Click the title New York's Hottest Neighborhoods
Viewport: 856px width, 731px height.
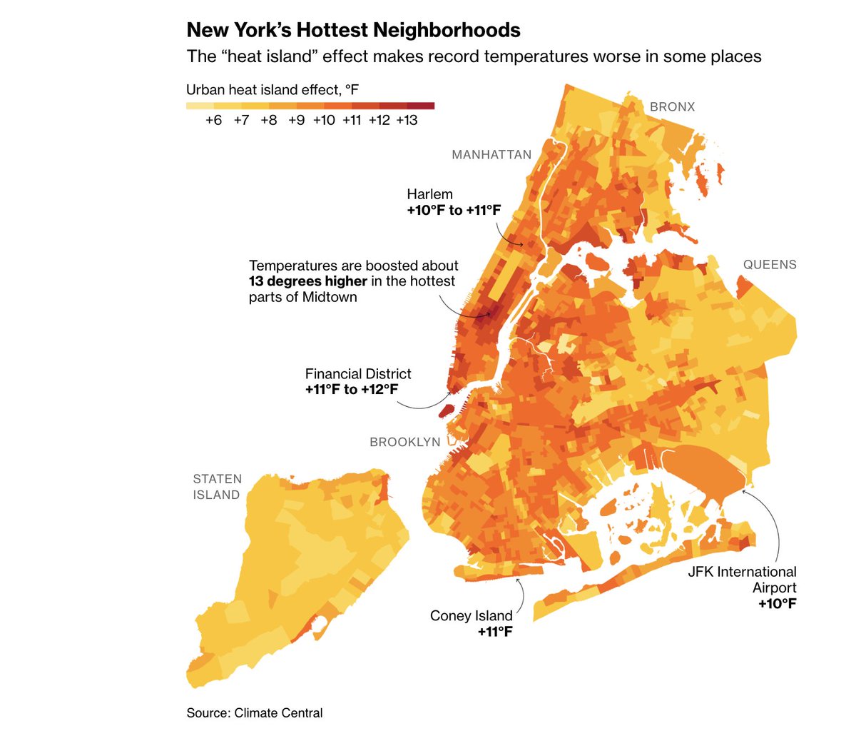[x=353, y=30]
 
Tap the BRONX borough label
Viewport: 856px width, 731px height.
[x=672, y=107]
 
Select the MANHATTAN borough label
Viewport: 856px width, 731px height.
[x=491, y=155]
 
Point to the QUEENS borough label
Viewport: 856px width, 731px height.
[x=770, y=265]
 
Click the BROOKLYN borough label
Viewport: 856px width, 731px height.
[x=405, y=443]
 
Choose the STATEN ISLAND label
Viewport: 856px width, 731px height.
[x=217, y=487]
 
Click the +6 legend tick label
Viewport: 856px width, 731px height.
[x=213, y=121]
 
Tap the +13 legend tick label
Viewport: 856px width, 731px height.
[x=407, y=121]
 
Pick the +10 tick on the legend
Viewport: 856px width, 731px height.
[x=324, y=121]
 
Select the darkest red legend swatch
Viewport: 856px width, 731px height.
[x=421, y=106]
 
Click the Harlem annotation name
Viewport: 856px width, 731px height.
[x=429, y=194]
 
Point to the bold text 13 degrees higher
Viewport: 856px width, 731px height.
[x=307, y=281]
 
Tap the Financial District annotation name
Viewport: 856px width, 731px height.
[x=358, y=374]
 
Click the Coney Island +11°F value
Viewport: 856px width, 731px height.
[x=495, y=632]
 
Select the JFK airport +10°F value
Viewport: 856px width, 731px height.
[x=777, y=604]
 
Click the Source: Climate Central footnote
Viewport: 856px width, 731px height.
[x=254, y=713]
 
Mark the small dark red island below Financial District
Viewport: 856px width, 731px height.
[x=446, y=410]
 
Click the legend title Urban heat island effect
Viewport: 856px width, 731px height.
[x=272, y=90]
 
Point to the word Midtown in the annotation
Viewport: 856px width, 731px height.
[x=330, y=297]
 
